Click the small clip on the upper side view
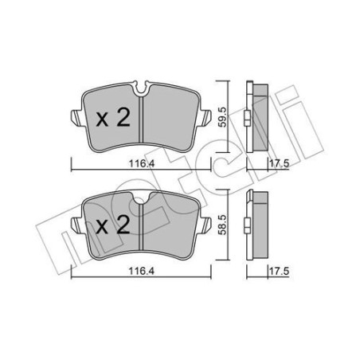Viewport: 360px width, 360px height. (x=247, y=120)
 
